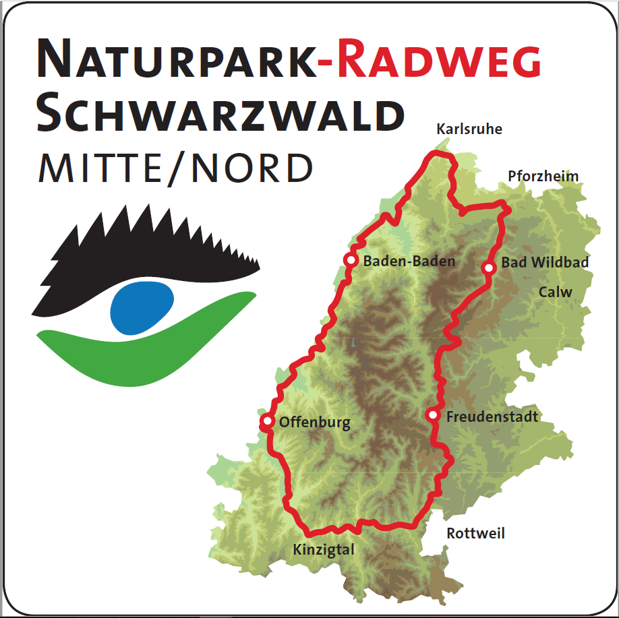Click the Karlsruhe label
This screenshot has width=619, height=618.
pyautogui.click(x=469, y=129)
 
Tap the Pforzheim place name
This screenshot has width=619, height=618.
pyautogui.click(x=543, y=177)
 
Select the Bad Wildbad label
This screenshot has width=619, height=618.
pyautogui.click(x=546, y=263)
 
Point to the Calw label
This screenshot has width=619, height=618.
pyautogui.click(x=556, y=292)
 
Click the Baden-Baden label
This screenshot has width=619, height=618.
pyautogui.click(x=409, y=261)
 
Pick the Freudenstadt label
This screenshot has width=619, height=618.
pyautogui.click(x=492, y=417)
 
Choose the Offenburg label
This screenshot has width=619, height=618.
pyautogui.click(x=315, y=423)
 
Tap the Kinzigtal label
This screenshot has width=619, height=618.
pyautogui.click(x=324, y=550)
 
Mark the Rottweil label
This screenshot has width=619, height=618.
pyautogui.click(x=475, y=534)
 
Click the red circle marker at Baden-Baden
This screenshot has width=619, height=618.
pyautogui.click(x=351, y=259)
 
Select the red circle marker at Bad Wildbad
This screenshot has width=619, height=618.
pyautogui.click(x=490, y=268)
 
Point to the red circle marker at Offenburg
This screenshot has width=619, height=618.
pyautogui.click(x=268, y=422)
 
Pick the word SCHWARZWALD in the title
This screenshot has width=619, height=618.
pyautogui.click(x=220, y=114)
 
